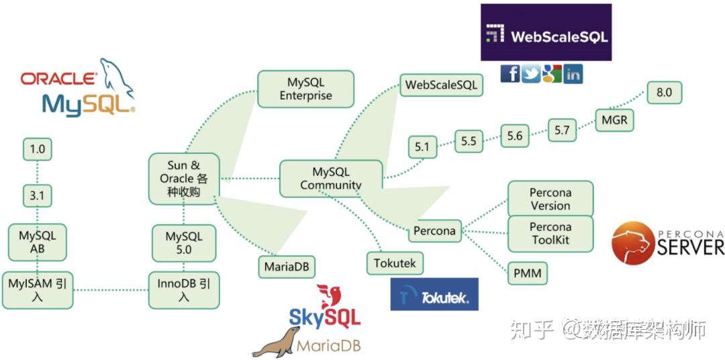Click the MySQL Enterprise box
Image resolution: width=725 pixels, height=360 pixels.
(x=305, y=89)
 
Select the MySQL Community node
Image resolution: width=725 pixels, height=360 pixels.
(x=330, y=178)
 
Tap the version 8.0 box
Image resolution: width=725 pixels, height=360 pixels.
(x=664, y=92)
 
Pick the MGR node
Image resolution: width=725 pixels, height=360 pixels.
(x=614, y=120)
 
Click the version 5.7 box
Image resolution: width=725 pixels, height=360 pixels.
(x=562, y=130)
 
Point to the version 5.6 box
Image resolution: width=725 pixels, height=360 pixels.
(x=514, y=136)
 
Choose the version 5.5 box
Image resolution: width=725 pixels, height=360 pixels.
(x=468, y=141)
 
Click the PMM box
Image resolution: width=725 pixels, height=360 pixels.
(x=527, y=273)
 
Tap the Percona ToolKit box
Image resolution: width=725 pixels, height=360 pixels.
(x=550, y=233)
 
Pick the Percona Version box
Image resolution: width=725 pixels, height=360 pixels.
(x=550, y=199)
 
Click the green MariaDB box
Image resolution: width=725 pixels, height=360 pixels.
(x=287, y=266)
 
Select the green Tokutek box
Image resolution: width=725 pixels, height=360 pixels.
(x=395, y=263)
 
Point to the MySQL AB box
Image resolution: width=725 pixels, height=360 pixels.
(x=37, y=242)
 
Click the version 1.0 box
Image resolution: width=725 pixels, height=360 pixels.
(x=37, y=149)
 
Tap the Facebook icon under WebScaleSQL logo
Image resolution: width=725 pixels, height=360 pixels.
(x=510, y=73)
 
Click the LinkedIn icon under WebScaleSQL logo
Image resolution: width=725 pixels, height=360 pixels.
(x=573, y=73)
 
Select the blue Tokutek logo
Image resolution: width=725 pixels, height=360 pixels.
(x=434, y=294)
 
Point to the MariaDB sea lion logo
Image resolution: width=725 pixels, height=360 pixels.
(x=276, y=342)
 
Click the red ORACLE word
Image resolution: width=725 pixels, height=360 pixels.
(x=58, y=79)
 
